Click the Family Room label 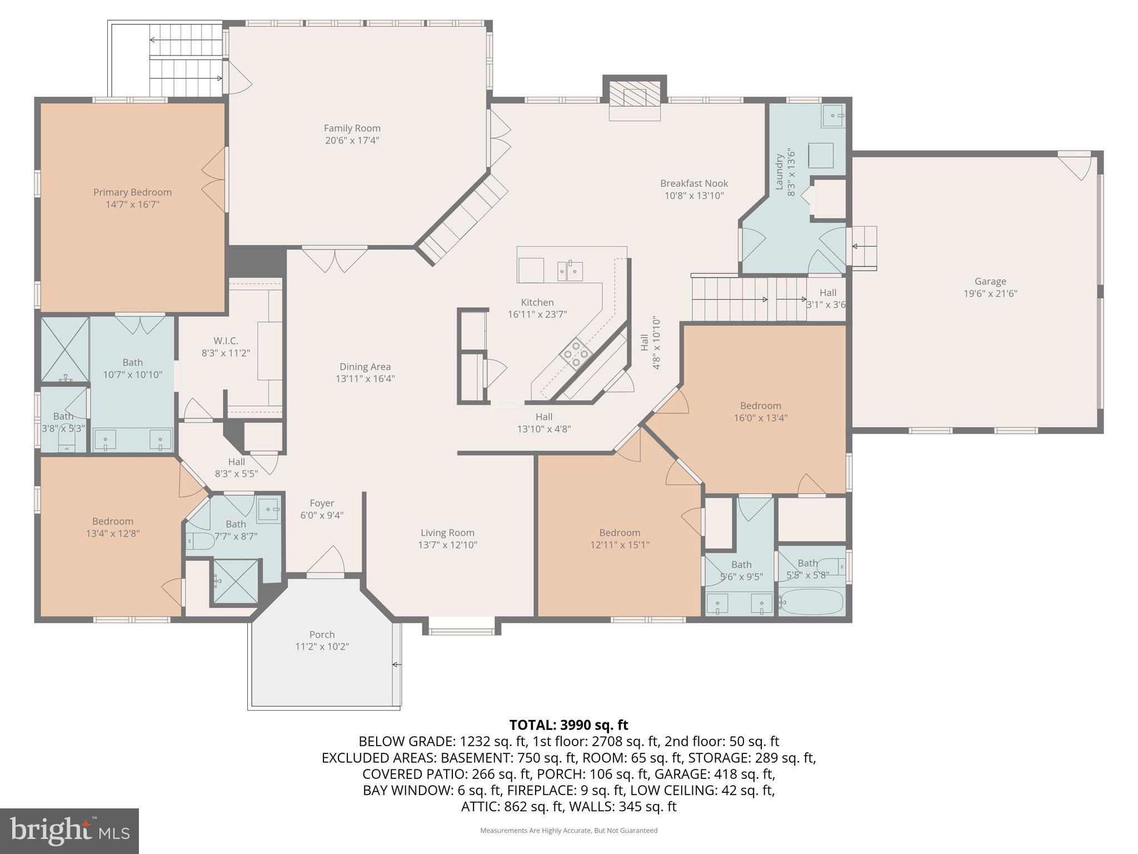coord(352,128)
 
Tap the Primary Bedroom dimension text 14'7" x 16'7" coord(132,205)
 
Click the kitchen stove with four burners coord(575,354)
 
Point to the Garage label coord(990,281)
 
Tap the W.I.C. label coord(226,341)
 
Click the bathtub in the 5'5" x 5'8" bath coord(812,602)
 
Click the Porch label coord(322,634)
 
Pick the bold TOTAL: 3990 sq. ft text coord(568,725)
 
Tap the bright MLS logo coord(69,831)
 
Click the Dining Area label coord(365,366)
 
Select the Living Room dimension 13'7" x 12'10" coord(447,545)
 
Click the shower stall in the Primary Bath coord(65,349)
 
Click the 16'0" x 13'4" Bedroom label coord(760,406)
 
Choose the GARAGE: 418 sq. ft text coord(715,774)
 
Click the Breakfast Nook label coord(693,183)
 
